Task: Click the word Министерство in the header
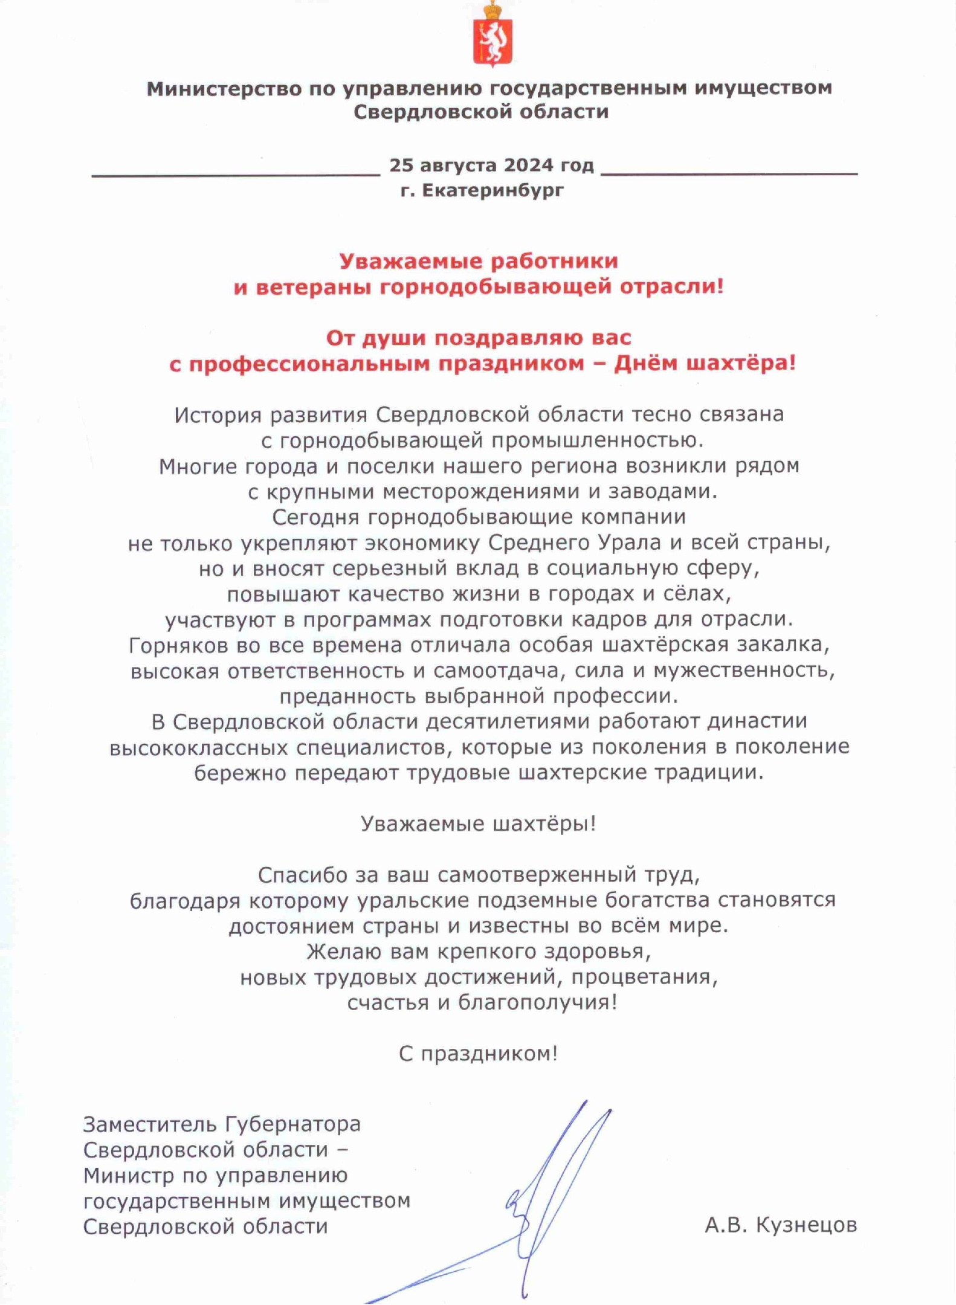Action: [x=224, y=89]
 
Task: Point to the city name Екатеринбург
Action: [x=492, y=190]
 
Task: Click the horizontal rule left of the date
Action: [x=236, y=175]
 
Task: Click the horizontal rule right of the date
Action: [x=729, y=174]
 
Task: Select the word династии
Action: [x=757, y=722]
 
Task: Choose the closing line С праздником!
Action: [x=478, y=1054]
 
